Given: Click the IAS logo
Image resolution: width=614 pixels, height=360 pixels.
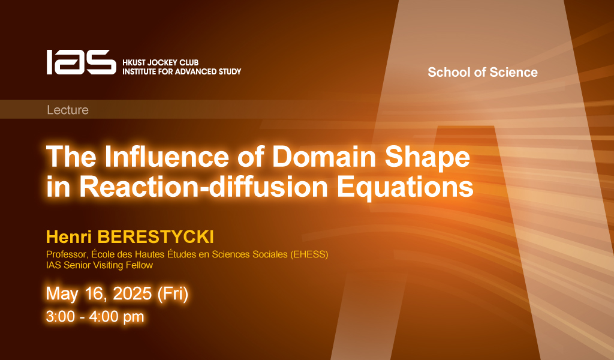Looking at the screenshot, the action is click(81, 62).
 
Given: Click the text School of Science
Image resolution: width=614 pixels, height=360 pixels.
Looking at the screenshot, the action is click(483, 72).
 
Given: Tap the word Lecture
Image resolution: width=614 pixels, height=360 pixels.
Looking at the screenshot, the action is click(68, 110).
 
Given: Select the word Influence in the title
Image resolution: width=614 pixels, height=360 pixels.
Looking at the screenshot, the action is click(167, 157).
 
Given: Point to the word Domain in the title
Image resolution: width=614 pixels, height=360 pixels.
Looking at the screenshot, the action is click(324, 157).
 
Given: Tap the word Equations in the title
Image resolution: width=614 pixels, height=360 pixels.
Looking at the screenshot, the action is click(405, 188).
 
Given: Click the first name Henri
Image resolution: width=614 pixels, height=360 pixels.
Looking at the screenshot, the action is click(69, 237).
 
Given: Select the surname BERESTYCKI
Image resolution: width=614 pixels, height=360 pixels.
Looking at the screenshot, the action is click(155, 237).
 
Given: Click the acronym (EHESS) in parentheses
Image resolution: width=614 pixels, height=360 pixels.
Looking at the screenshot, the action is click(309, 254).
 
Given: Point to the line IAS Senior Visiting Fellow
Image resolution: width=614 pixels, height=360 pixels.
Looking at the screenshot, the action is click(100, 265).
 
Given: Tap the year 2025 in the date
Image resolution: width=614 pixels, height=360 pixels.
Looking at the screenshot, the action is click(132, 293).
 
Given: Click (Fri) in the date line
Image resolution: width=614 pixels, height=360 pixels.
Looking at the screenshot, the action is click(173, 294).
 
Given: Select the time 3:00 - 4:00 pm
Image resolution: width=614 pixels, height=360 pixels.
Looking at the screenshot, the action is click(95, 317).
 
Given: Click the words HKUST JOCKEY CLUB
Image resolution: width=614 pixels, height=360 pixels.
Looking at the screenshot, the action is click(161, 62).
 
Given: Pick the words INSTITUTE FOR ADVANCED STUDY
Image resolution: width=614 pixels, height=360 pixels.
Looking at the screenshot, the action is click(182, 71).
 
